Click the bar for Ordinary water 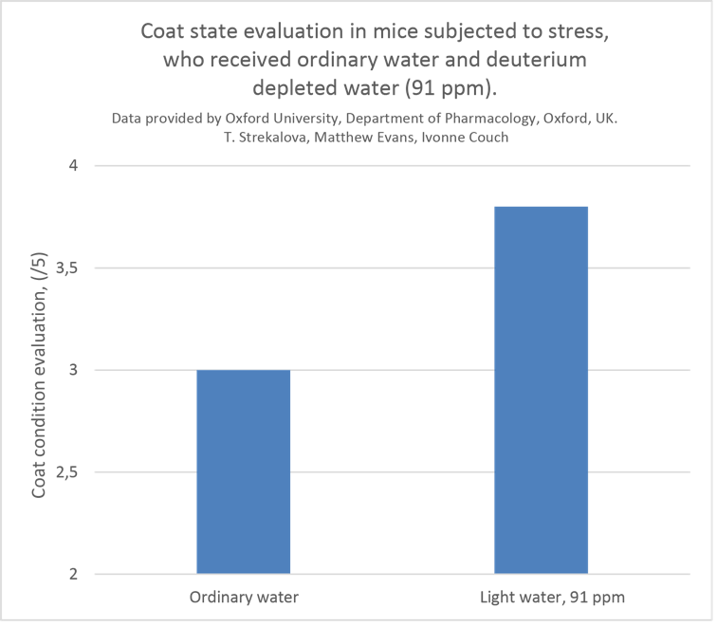[x=244, y=471]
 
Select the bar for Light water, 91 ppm [x=542, y=389]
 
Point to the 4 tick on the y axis [x=72, y=166]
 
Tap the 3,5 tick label [x=66, y=268]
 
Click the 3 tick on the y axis [x=72, y=370]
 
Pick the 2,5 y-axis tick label [x=66, y=472]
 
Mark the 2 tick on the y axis [x=72, y=574]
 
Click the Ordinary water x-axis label [x=244, y=598]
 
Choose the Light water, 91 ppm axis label [x=542, y=598]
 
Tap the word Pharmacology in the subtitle [x=489, y=119]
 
